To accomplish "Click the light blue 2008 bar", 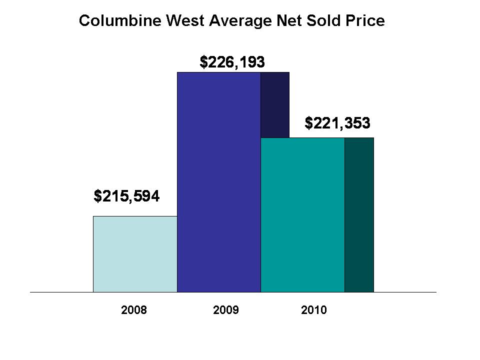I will (x=135, y=253).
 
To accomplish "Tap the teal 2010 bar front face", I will (x=302, y=214).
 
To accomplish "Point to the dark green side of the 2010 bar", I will (x=359, y=214).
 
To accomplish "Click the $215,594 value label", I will (x=126, y=196).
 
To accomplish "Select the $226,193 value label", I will (x=232, y=62).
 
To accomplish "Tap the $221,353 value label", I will (x=337, y=122).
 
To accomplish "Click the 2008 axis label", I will (x=134, y=310).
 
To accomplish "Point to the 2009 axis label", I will (x=226, y=310).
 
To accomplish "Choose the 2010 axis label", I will (x=314, y=310).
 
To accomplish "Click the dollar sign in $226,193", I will (x=203, y=62).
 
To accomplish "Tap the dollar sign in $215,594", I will (x=97, y=196).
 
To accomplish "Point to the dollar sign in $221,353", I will (x=308, y=122).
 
